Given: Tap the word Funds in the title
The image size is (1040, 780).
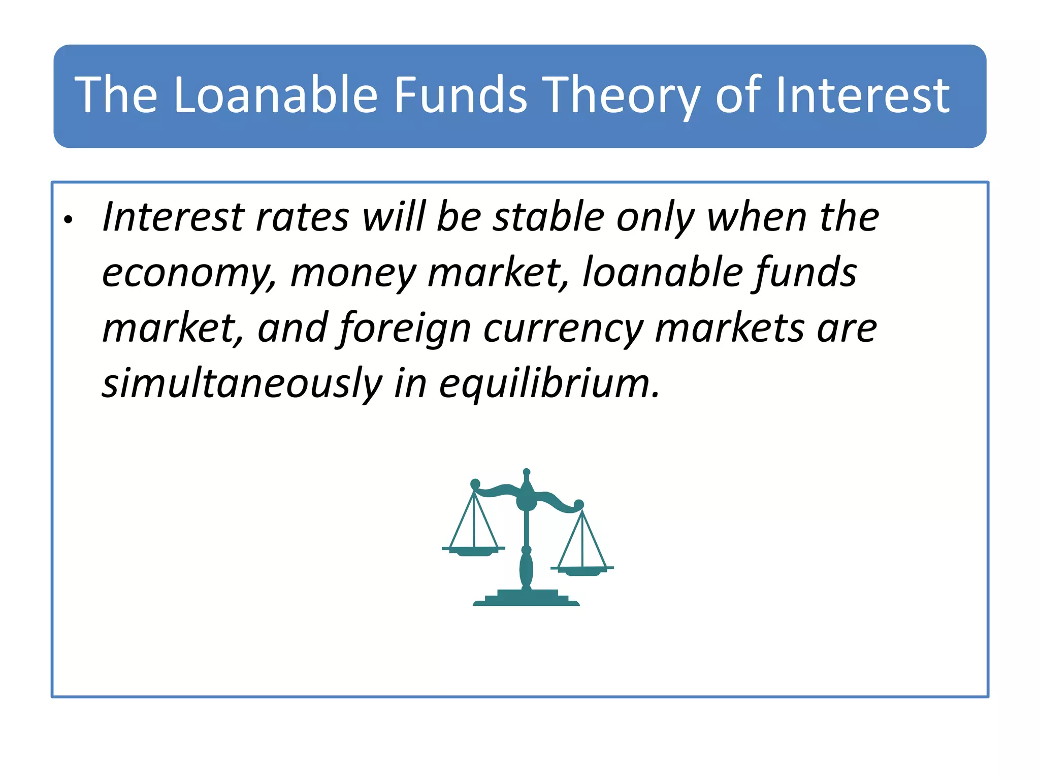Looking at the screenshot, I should pos(461,94).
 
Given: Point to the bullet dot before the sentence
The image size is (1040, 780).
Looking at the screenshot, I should pos(69,220).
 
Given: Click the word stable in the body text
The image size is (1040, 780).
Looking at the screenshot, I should pos(549,217).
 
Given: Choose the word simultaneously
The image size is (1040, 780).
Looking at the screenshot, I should pos(242,384).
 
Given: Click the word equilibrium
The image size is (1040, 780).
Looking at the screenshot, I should pos(549,384).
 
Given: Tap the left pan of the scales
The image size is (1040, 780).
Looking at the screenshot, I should pos(474,551).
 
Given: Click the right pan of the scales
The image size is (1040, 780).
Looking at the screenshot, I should pos(582,570).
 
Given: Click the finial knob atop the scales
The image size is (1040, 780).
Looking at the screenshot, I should pos(527,472).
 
